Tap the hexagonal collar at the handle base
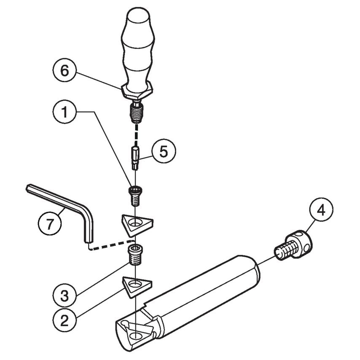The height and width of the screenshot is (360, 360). [137, 90]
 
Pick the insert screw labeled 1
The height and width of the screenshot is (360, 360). [134, 195]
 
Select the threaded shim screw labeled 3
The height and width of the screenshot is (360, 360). [135, 254]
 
